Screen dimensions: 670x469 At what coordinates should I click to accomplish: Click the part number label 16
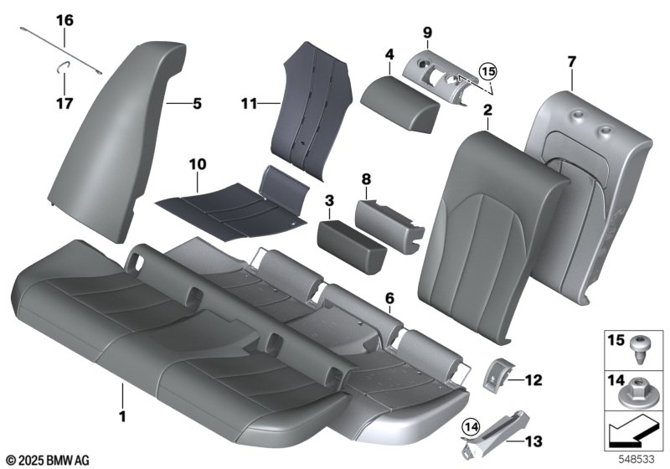pyautogui.click(x=64, y=20)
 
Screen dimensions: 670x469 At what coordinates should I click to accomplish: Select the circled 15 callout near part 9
pyautogui.click(x=488, y=71)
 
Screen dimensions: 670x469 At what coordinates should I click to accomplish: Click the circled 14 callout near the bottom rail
pyautogui.click(x=470, y=425)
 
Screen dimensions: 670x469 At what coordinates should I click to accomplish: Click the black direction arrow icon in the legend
pyautogui.click(x=632, y=432)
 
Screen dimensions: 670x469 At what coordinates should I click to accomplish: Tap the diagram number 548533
pyautogui.click(x=636, y=459)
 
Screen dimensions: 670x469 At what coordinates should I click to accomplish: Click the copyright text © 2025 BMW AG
pyautogui.click(x=49, y=460)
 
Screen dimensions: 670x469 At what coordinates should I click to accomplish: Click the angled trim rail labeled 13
pyautogui.click(x=496, y=435)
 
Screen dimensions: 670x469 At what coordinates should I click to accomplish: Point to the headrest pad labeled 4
pyautogui.click(x=399, y=102)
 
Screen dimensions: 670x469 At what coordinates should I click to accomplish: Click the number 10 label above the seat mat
pyautogui.click(x=198, y=164)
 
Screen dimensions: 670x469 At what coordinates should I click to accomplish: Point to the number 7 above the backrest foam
pyautogui.click(x=572, y=61)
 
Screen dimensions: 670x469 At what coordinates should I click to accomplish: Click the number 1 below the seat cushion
pyautogui.click(x=122, y=416)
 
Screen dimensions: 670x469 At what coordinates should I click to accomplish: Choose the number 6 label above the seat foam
pyautogui.click(x=389, y=298)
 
